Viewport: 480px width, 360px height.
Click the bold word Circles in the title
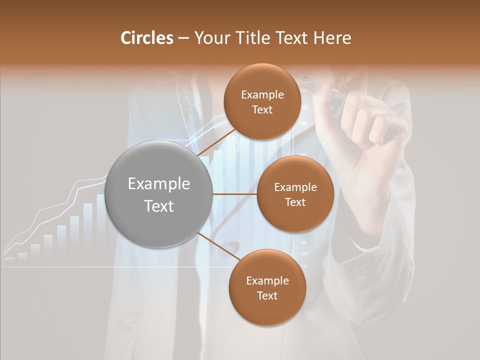[147, 38]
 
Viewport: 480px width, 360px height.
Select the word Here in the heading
[332, 38]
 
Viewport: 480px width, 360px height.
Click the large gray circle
[159, 194]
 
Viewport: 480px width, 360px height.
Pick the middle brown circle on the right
[295, 194]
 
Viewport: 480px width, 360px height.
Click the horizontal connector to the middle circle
[235, 194]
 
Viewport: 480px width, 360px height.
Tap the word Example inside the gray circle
[159, 184]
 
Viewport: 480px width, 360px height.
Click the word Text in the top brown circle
[262, 109]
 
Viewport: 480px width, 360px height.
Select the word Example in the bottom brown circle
[267, 280]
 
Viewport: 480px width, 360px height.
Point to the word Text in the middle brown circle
[295, 202]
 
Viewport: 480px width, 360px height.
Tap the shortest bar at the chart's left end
[9, 259]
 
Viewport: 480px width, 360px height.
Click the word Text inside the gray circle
[159, 206]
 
